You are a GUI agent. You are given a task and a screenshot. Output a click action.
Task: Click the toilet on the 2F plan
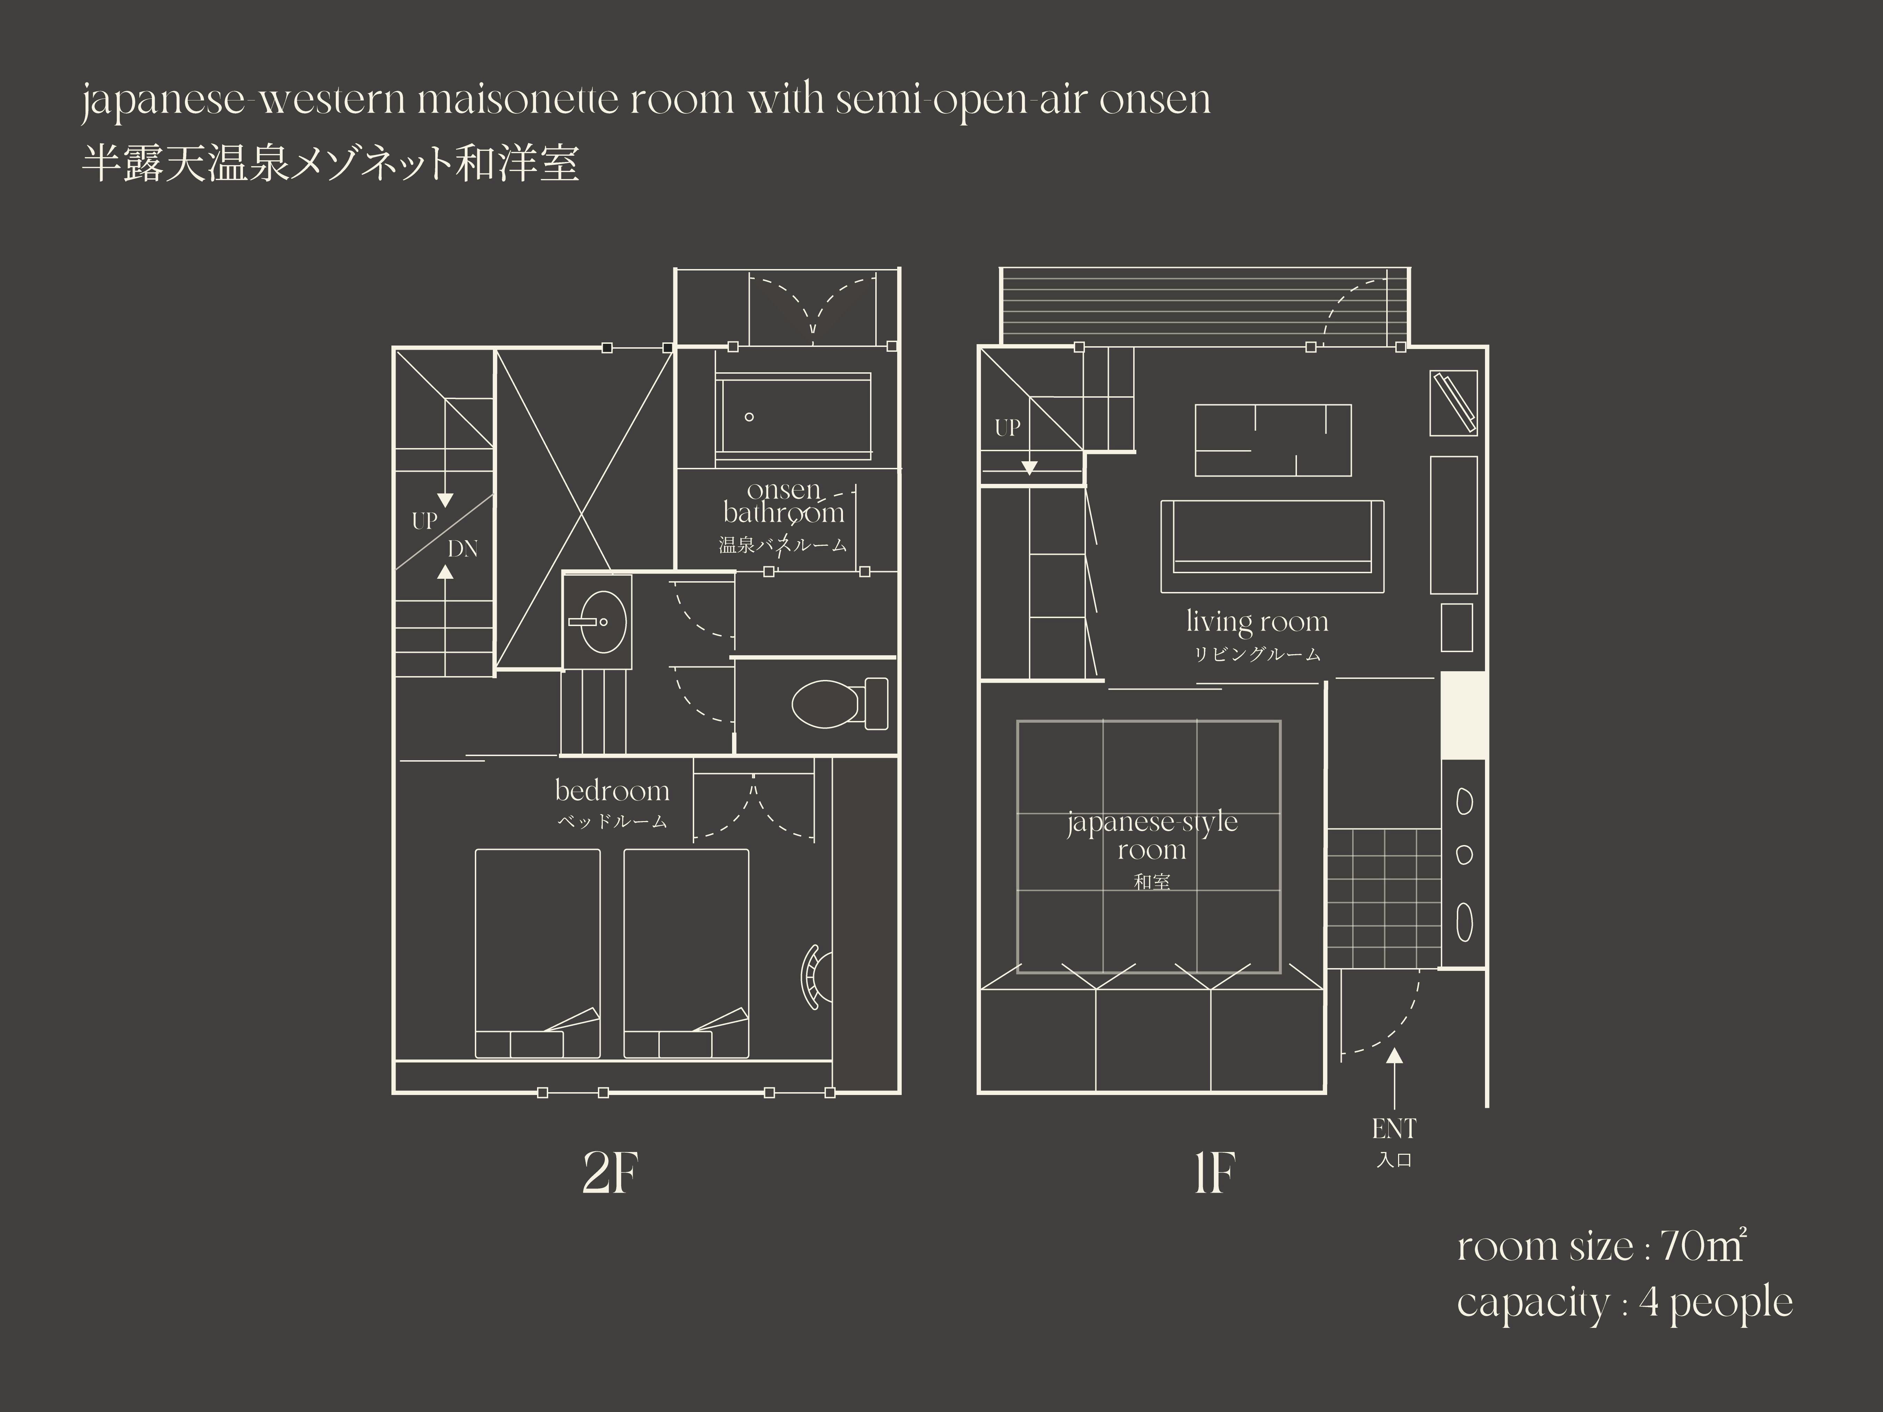coord(838,704)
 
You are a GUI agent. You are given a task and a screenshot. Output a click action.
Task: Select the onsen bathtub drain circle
coord(749,417)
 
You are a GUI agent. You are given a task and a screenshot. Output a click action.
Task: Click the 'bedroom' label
coord(612,791)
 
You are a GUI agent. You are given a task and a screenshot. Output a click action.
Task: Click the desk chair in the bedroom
coord(815,977)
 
